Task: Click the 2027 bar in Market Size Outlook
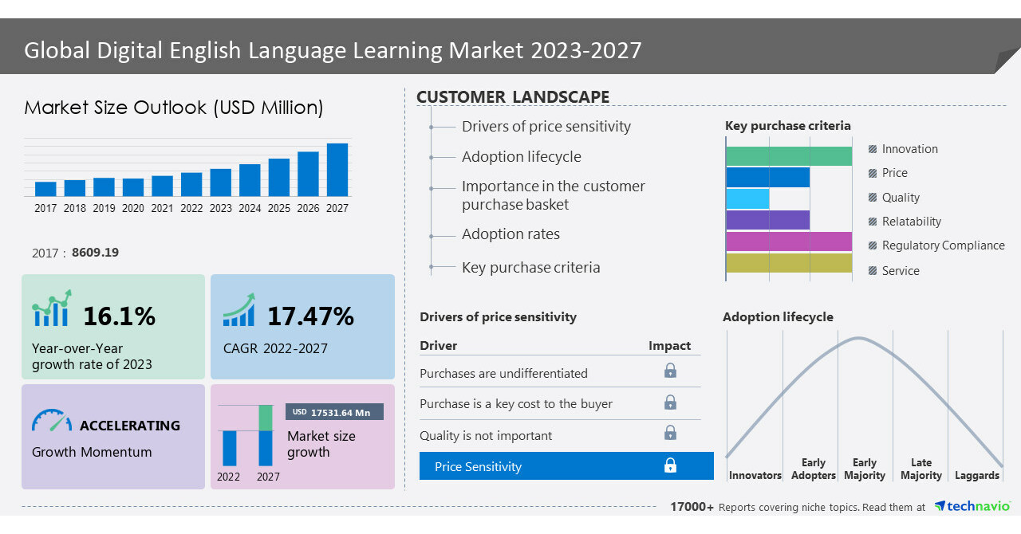point(337,170)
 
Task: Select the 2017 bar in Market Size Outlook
point(45,189)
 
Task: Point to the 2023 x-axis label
point(221,208)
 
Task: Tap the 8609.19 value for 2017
point(95,253)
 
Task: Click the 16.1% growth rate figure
point(119,316)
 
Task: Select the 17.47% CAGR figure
point(310,316)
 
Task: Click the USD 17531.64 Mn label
point(334,412)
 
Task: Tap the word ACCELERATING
point(130,426)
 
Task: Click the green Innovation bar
point(788,156)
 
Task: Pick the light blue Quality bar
point(747,198)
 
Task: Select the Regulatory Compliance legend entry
point(942,245)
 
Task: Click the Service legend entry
point(900,271)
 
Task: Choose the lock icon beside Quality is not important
point(670,433)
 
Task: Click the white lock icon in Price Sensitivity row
point(670,465)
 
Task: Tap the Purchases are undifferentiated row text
point(503,373)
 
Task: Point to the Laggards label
point(976,475)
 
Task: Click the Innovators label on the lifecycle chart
point(755,475)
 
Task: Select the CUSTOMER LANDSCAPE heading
point(513,97)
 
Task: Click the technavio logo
point(972,506)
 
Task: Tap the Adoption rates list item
point(510,234)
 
